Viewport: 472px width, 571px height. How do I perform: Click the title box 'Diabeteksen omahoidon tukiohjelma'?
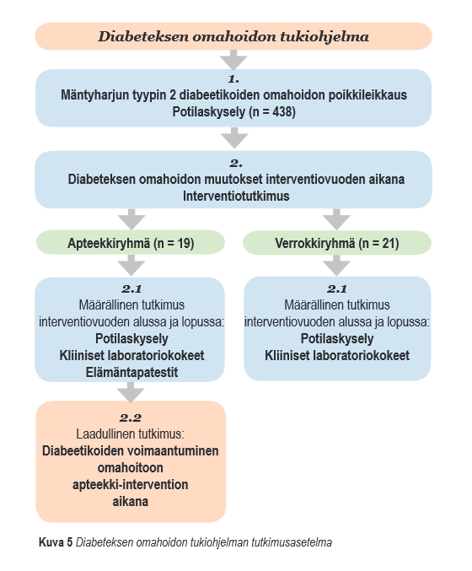pyautogui.click(x=233, y=36)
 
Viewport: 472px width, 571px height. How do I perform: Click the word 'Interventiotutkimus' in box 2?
pyautogui.click(x=236, y=196)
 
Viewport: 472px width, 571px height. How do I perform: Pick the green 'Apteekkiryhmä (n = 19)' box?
pyautogui.click(x=131, y=243)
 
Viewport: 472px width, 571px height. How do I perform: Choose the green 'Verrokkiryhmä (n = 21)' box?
pyautogui.click(x=337, y=243)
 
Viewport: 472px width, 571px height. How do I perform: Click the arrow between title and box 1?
pyautogui.click(x=233, y=60)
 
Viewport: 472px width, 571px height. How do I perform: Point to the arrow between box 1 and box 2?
pyautogui.click(x=234, y=137)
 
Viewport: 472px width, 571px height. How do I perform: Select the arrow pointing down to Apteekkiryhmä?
pyautogui.click(x=131, y=219)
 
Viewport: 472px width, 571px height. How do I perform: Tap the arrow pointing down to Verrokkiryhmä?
pyautogui.click(x=336, y=219)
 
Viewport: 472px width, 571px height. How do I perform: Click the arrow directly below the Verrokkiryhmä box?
pyautogui.click(x=336, y=266)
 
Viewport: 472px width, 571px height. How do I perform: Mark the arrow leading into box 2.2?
pyautogui.click(x=131, y=392)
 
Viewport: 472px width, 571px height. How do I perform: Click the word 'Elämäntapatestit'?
pyautogui.click(x=131, y=373)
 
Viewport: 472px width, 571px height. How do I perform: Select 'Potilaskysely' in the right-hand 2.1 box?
pyautogui.click(x=337, y=339)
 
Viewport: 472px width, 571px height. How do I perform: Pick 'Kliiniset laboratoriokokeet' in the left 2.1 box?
pyautogui.click(x=131, y=355)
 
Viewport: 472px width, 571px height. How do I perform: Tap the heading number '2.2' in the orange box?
pyautogui.click(x=131, y=417)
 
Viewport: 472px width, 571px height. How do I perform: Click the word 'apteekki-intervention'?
pyautogui.click(x=131, y=485)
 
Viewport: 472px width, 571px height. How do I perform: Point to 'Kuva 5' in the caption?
pyautogui.click(x=56, y=542)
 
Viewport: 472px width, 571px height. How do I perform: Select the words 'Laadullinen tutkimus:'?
pyautogui.click(x=131, y=434)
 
